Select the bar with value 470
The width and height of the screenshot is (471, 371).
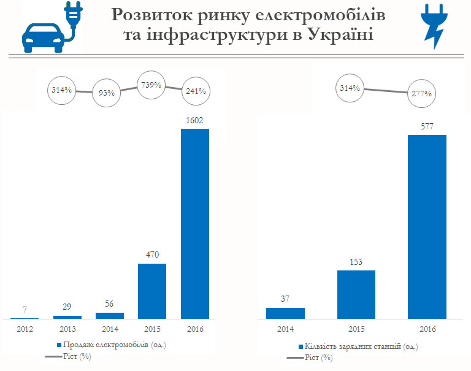click(x=152, y=291)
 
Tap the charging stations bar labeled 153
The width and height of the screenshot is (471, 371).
click(x=356, y=294)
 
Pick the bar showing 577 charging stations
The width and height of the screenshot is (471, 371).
click(x=427, y=227)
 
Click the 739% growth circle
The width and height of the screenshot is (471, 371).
click(x=150, y=85)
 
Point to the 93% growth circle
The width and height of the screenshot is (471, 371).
click(x=107, y=93)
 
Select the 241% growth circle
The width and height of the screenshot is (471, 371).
click(x=195, y=91)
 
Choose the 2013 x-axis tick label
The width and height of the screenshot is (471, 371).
click(x=67, y=329)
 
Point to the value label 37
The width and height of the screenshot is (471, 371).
click(x=285, y=299)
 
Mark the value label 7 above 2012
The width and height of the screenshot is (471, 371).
click(x=24, y=309)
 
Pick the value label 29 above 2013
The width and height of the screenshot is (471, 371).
click(x=67, y=306)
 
